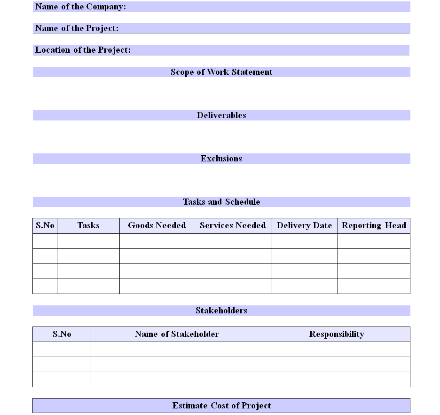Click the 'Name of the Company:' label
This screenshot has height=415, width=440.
(x=80, y=7)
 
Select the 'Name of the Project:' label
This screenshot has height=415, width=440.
(x=77, y=28)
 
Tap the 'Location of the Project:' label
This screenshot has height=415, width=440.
(x=83, y=50)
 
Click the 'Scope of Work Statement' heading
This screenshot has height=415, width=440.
(x=221, y=72)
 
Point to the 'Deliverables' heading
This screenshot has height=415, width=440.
(x=221, y=115)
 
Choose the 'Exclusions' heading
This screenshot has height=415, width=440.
(x=221, y=159)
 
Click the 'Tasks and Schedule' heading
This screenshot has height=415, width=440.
(x=221, y=202)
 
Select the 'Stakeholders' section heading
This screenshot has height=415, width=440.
(x=221, y=311)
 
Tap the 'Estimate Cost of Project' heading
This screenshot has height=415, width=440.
(x=221, y=406)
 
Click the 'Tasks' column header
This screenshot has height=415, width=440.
(x=88, y=225)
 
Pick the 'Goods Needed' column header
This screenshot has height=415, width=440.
(x=157, y=225)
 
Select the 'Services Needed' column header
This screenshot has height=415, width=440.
(x=233, y=225)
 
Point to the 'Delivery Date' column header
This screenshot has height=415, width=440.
(x=305, y=225)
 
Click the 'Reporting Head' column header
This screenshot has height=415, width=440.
(x=374, y=225)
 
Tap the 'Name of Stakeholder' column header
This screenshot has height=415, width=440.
(x=177, y=334)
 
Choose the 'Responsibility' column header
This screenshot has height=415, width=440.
(x=337, y=334)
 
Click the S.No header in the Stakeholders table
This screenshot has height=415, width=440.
(x=62, y=334)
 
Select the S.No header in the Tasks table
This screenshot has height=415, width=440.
(x=45, y=225)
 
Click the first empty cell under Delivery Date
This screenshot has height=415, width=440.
(x=305, y=241)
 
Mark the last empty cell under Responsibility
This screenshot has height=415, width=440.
(x=337, y=379)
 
